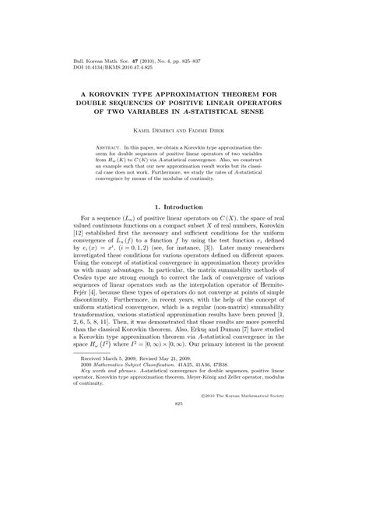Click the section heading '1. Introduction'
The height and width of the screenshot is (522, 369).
pos(184,206)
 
